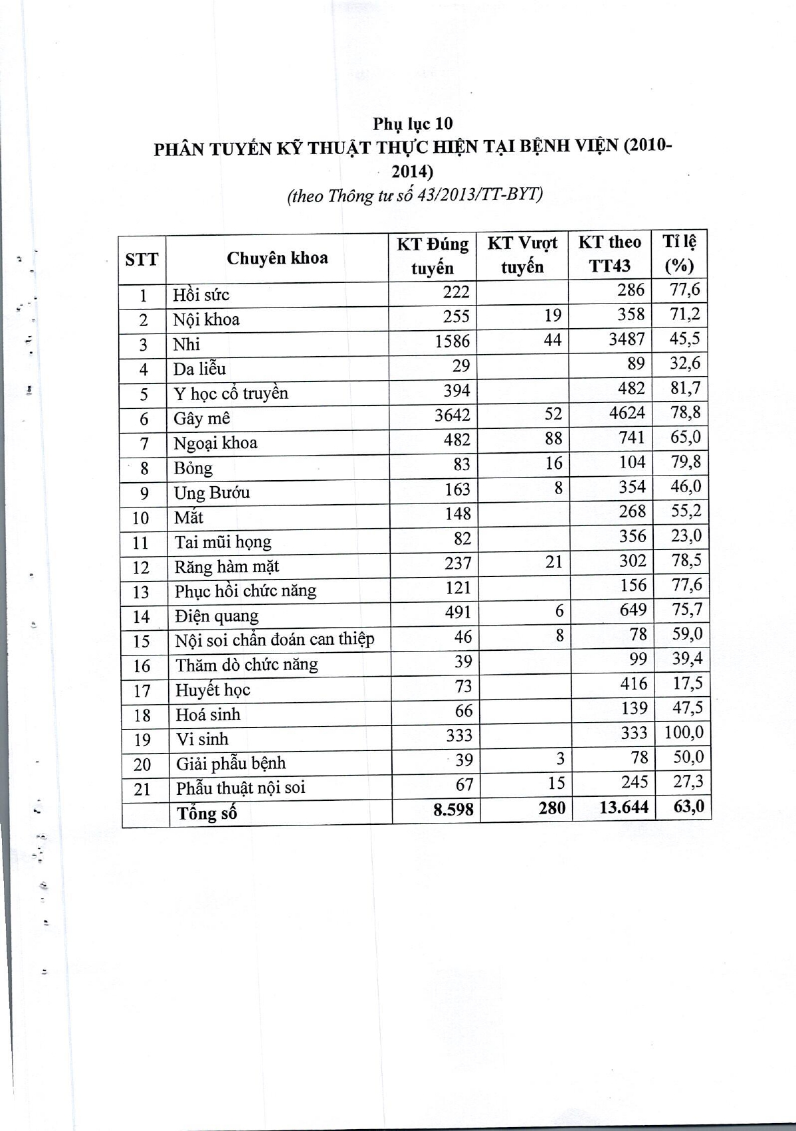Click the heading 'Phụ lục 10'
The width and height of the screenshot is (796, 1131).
point(413,124)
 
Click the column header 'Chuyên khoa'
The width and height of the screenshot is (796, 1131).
point(277,258)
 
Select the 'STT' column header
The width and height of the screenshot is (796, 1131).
point(142,259)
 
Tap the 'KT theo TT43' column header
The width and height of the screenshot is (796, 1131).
point(609,254)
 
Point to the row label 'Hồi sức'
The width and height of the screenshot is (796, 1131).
point(201,295)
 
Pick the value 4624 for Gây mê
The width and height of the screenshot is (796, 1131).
point(627,413)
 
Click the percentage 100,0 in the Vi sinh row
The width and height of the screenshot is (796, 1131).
point(683,733)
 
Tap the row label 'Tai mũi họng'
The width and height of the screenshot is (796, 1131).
point(223,542)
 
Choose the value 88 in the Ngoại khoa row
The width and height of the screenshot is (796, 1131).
point(553,438)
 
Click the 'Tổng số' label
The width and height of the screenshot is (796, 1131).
point(206,813)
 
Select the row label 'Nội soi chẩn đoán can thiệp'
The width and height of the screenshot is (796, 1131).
point(274,640)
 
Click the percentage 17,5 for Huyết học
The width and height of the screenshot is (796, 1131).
point(687,683)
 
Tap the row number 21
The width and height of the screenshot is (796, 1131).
point(142,789)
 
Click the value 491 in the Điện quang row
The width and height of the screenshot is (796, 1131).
point(458,612)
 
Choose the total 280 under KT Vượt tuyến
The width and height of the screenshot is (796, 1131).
point(552,808)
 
